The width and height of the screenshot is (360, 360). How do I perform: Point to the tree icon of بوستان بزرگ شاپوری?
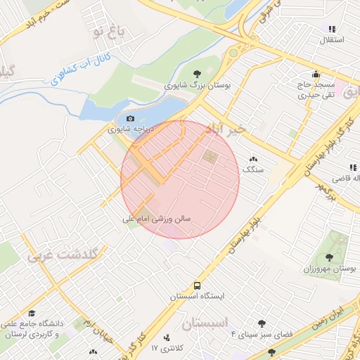pos(197,73)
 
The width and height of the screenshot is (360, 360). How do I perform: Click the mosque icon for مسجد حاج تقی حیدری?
pos(316,73)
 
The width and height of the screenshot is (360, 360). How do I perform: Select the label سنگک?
pos(252,169)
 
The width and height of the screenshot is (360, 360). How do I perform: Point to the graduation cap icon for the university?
pos(32,314)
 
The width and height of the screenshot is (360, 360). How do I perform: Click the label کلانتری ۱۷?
pos(167,348)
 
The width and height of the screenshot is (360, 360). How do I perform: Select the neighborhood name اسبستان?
pos(205,324)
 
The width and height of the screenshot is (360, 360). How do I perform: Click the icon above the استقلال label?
pos(331,29)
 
